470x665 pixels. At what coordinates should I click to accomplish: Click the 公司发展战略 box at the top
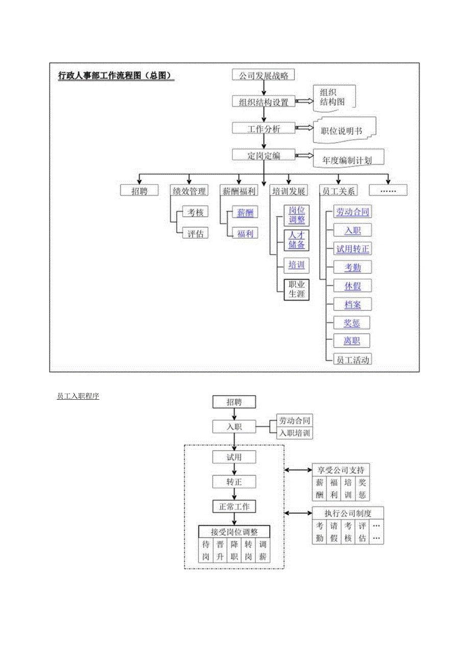point(264,75)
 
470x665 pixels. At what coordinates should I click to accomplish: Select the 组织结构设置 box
point(264,102)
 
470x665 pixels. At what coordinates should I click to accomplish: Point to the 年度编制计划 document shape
point(347,159)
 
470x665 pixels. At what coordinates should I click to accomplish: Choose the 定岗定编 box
point(264,155)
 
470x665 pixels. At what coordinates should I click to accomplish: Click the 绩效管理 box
point(189,191)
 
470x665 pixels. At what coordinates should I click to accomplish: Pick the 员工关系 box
point(338,191)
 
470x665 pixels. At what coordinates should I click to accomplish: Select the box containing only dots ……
point(388,191)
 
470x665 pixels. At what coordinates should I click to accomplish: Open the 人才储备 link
point(296,240)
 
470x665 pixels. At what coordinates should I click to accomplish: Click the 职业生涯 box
point(296,289)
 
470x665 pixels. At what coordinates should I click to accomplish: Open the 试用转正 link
point(352,249)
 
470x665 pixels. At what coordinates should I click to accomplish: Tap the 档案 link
point(352,305)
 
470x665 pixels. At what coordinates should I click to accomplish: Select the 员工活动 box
point(352,359)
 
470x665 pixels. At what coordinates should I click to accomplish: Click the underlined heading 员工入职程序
point(78,396)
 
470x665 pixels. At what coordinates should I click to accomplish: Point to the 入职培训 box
point(294,433)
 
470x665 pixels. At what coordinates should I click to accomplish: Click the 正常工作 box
point(234,507)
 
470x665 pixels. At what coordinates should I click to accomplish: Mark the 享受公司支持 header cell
point(341,470)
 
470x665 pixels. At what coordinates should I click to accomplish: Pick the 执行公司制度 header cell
point(348,513)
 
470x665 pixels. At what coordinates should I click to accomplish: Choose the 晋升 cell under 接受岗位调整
point(220,551)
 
